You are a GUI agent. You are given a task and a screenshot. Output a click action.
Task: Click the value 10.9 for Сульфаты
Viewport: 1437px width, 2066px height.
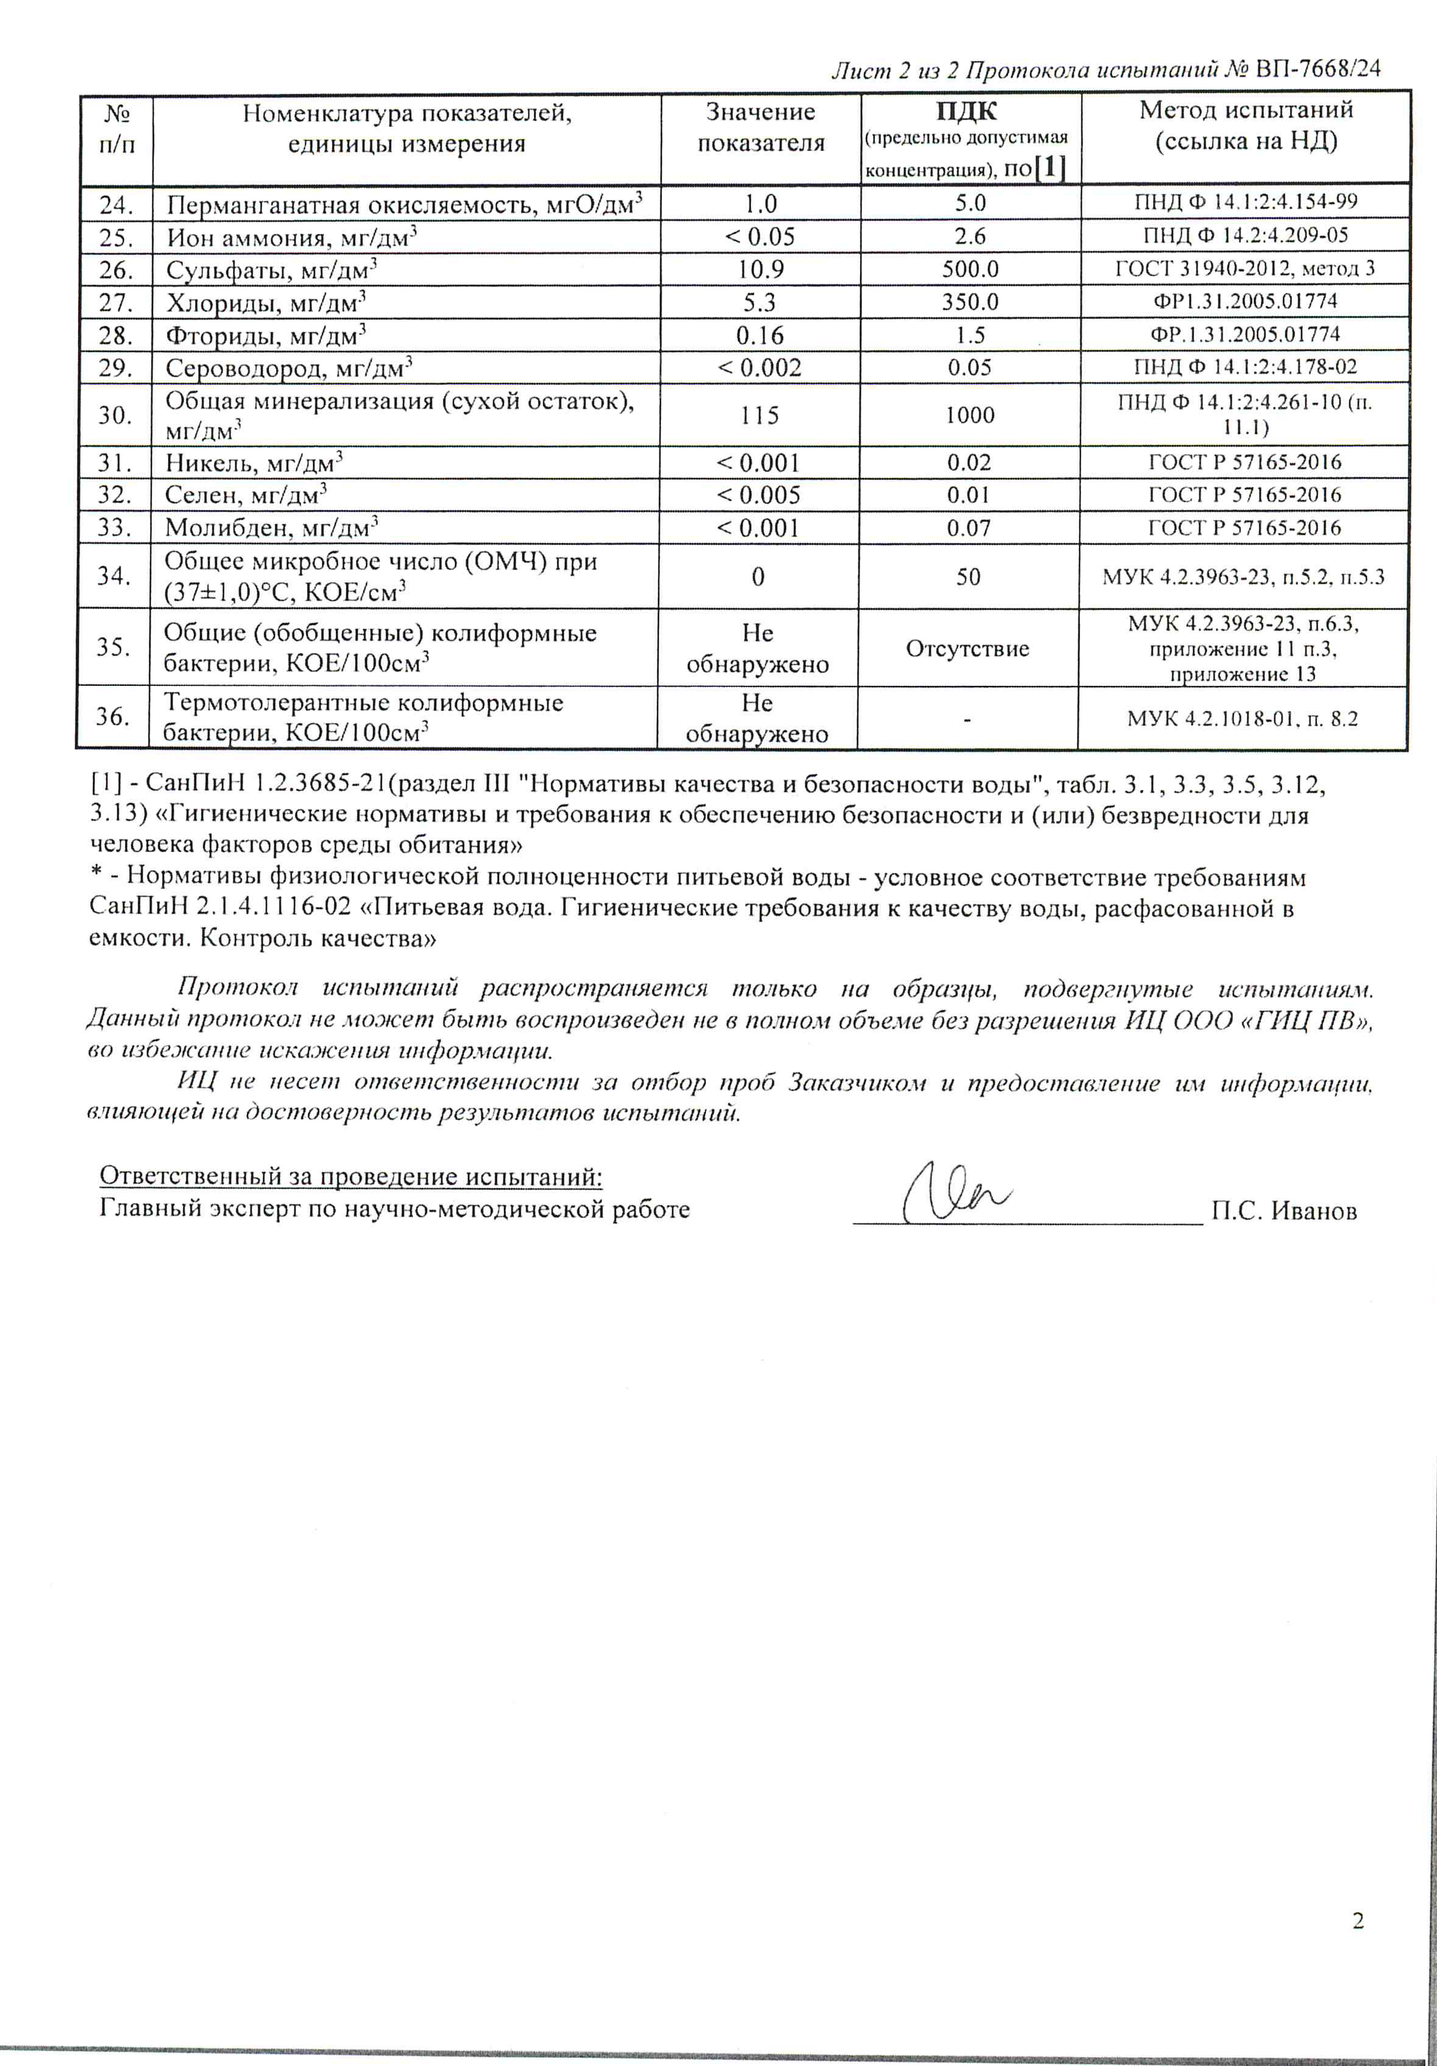[760, 269]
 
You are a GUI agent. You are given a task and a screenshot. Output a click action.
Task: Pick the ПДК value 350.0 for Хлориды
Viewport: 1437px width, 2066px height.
[970, 301]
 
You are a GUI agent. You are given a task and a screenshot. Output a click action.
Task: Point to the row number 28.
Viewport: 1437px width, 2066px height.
[115, 335]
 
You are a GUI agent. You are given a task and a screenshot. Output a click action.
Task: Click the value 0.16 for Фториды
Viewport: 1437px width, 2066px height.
[760, 335]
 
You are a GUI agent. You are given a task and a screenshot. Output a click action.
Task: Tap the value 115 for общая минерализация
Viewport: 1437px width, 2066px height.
[760, 415]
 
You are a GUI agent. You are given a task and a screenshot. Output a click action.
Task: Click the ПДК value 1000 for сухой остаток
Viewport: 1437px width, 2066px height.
[969, 415]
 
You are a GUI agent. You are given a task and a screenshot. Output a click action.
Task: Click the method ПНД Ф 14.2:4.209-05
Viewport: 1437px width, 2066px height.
[1245, 236]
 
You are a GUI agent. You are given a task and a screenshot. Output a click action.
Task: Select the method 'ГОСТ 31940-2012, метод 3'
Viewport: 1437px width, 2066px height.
[1245, 268]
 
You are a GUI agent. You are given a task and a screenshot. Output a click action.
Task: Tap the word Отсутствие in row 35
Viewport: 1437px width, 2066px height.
[967, 648]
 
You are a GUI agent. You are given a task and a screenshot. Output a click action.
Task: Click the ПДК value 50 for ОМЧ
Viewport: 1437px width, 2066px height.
[968, 576]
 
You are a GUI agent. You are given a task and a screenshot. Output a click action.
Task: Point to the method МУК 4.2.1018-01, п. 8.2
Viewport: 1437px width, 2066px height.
[1243, 718]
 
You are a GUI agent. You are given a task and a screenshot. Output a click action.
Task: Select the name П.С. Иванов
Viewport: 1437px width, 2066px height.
[1283, 1211]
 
